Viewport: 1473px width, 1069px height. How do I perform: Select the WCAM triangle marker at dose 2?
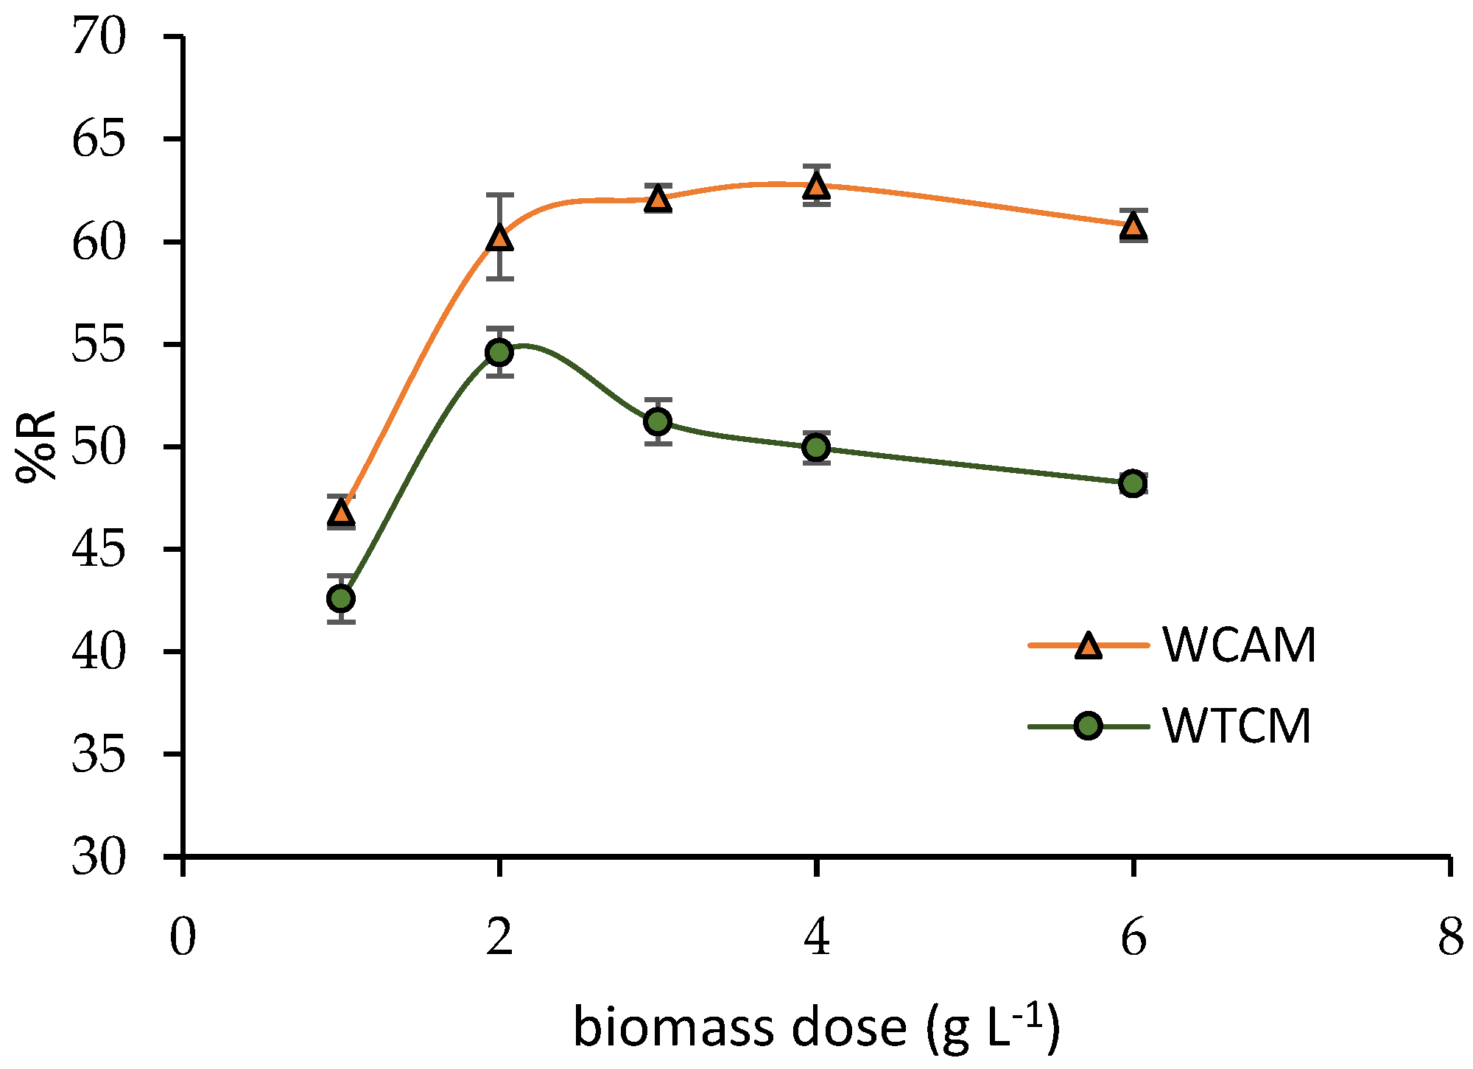pos(499,238)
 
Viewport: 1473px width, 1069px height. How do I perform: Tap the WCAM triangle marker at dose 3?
pos(658,199)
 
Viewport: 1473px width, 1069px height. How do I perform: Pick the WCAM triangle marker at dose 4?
pos(816,186)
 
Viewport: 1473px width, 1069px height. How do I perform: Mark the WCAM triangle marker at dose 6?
pos(1133,228)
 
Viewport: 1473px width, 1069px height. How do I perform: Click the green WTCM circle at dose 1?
pos(341,598)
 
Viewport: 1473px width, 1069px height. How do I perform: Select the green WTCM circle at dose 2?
pos(499,352)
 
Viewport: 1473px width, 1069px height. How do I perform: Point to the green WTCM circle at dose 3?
pos(658,421)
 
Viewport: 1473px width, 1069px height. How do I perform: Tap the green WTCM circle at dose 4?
pos(816,447)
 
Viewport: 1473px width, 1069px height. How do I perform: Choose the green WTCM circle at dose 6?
pos(1133,483)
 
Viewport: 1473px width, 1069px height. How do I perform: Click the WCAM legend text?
pos(1240,646)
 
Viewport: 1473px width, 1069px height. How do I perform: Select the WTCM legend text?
pos(1237,726)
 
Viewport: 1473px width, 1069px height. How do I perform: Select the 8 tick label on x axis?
pos(1450,939)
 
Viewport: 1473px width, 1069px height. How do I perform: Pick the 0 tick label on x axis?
pos(183,939)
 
